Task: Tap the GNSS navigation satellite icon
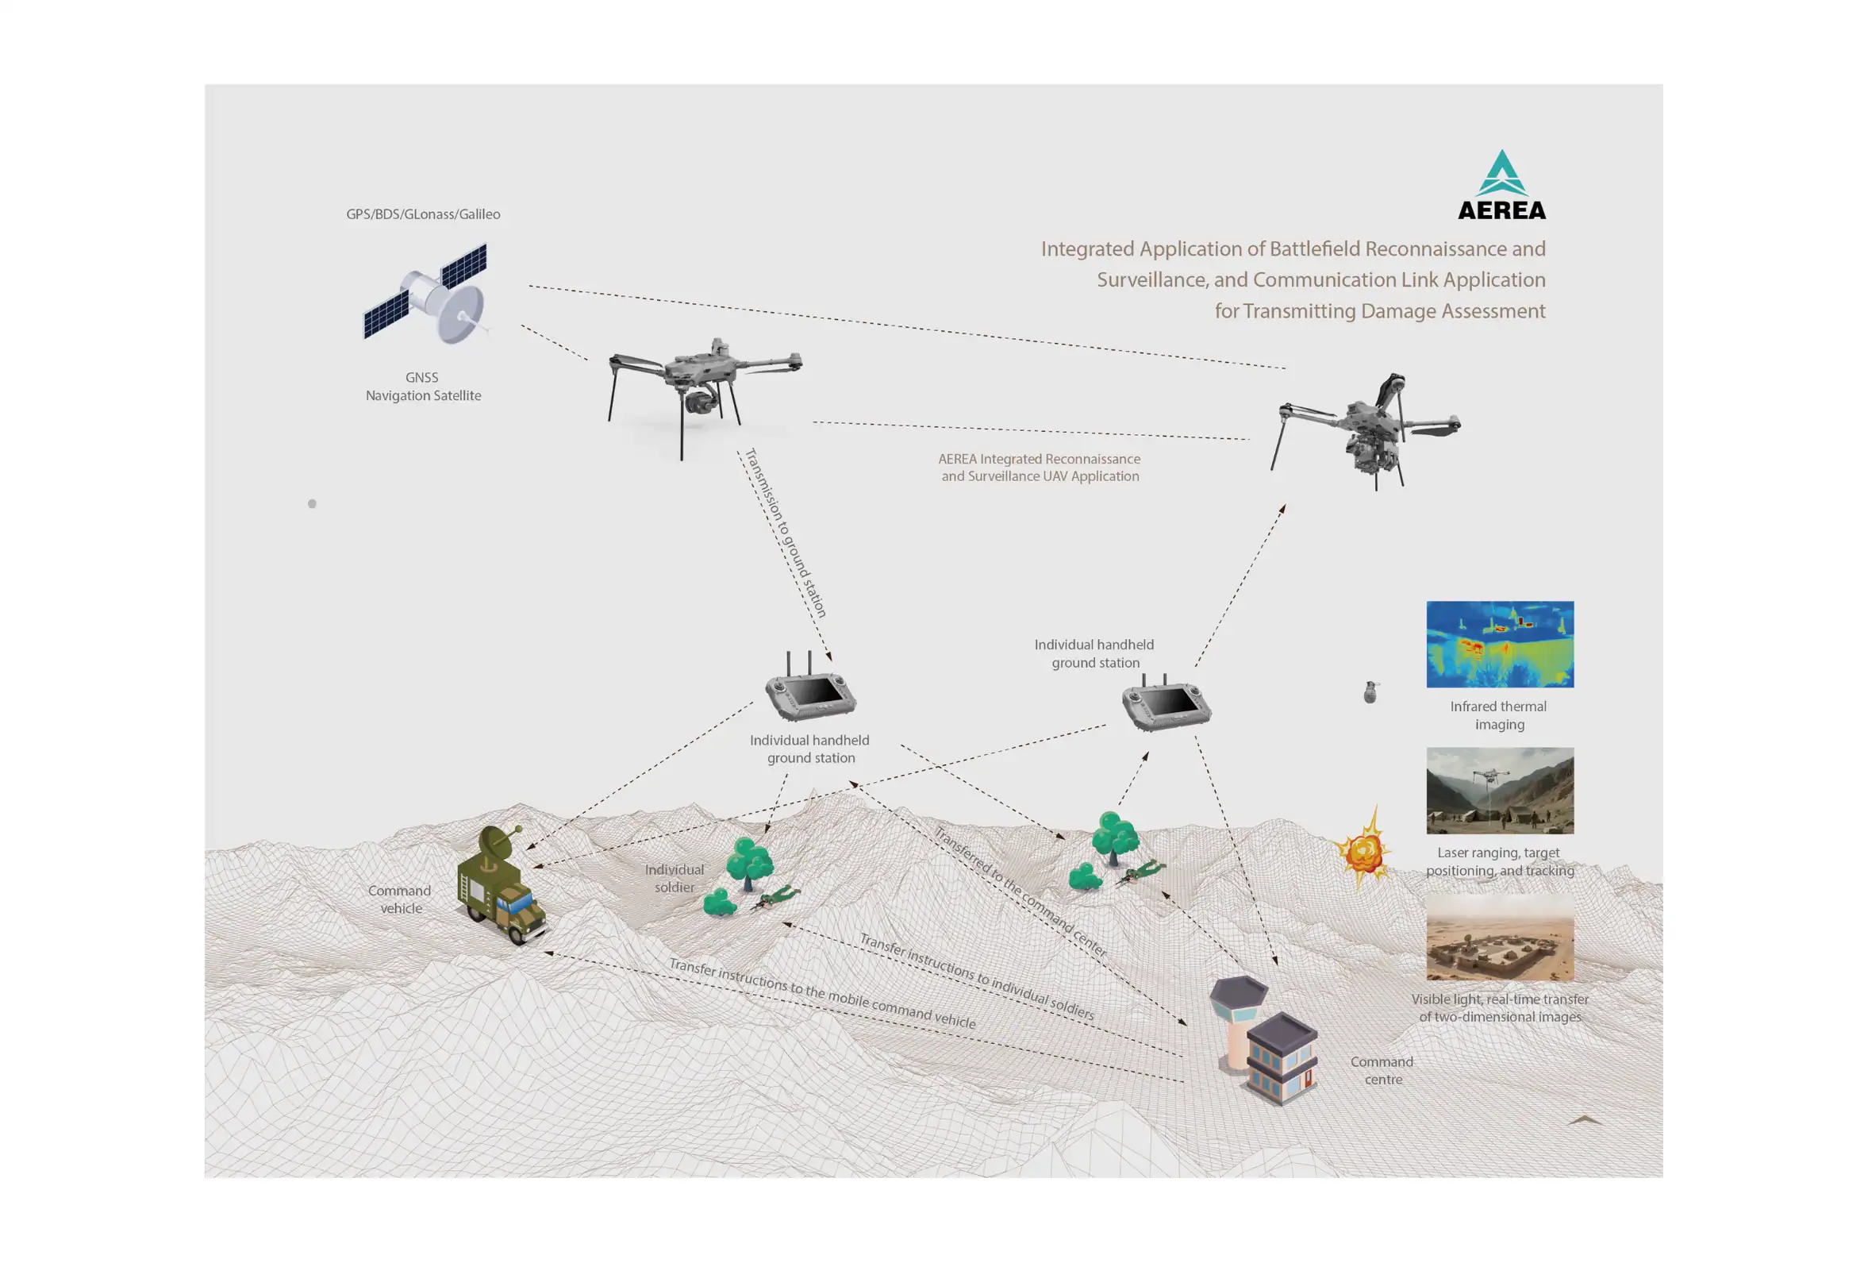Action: point(426,293)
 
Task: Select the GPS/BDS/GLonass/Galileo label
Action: point(423,214)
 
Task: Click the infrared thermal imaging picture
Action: point(1500,644)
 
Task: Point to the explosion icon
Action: point(1363,849)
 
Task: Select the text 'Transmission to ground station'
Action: point(786,533)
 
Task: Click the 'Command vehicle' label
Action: point(400,899)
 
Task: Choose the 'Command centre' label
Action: point(1382,1070)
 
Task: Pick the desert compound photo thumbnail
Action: point(1500,938)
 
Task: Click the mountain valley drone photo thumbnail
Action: point(1500,791)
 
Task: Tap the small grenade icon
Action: point(1370,692)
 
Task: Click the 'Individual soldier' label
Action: point(675,878)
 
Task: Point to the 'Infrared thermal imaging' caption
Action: point(1498,714)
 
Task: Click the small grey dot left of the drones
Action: point(312,504)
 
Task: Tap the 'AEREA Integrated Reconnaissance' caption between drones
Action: point(1040,459)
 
